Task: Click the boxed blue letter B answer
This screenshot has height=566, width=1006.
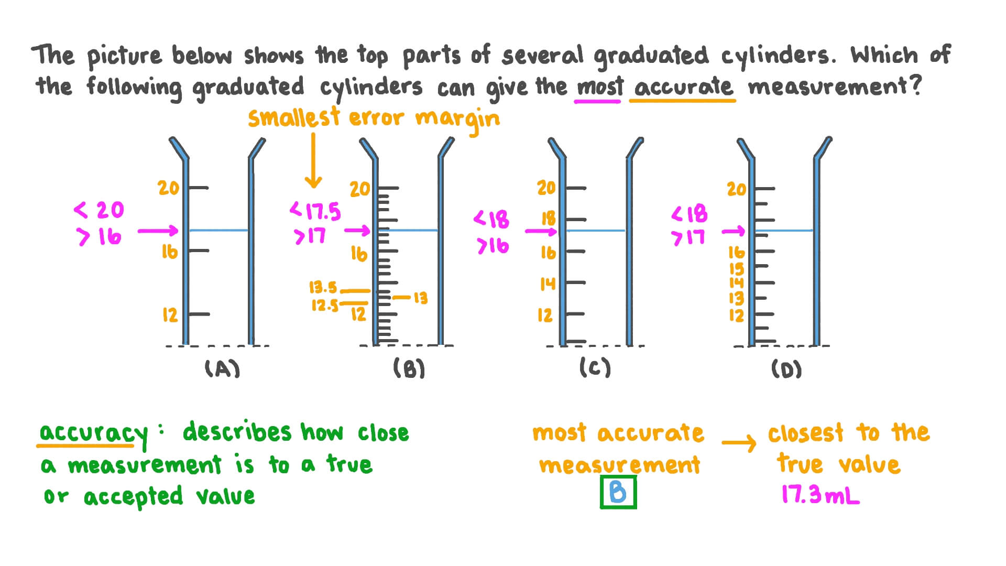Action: click(x=618, y=493)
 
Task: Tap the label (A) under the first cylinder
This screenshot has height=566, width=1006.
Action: click(x=223, y=369)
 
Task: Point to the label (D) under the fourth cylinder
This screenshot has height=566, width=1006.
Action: click(x=786, y=369)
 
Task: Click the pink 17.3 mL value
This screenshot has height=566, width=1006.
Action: click(x=820, y=494)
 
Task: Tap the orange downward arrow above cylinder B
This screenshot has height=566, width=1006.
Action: click(x=313, y=160)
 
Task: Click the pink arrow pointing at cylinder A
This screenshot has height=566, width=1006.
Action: click(x=158, y=231)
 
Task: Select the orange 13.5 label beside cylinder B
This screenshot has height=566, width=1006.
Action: click(x=323, y=287)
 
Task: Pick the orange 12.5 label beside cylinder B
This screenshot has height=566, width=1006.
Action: click(x=325, y=305)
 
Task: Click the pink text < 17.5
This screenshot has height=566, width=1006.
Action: click(x=315, y=212)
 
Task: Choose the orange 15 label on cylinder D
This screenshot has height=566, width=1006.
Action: click(x=736, y=269)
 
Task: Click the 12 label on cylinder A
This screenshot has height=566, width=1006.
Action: click(x=170, y=315)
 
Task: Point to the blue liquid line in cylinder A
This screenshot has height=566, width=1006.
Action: click(x=218, y=230)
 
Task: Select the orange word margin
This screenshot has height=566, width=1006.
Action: click(x=457, y=120)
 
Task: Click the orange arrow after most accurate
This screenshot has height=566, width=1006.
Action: click(x=739, y=443)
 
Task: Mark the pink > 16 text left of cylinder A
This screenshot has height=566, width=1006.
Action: click(x=100, y=237)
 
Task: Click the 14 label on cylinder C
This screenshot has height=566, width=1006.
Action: click(x=548, y=284)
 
